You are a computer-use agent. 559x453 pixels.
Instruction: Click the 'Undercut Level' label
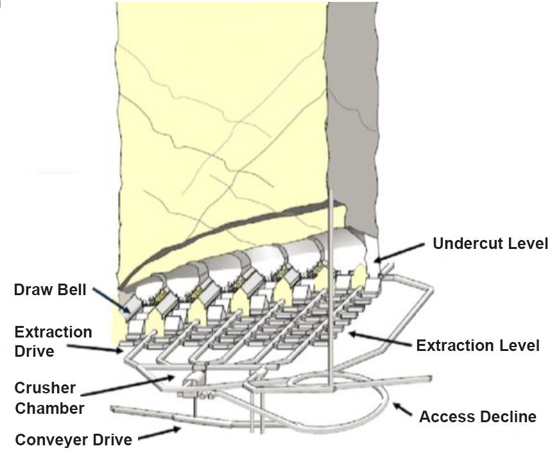(490, 244)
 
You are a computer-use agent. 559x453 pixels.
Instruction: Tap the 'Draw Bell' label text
(49, 291)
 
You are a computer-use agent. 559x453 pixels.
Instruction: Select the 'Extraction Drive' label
(53, 341)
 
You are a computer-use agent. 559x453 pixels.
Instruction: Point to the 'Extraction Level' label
(477, 346)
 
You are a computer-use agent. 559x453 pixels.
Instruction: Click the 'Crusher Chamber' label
(49, 398)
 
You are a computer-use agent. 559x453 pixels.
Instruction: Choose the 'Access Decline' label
(477, 417)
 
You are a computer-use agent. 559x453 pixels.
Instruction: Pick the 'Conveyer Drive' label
(73, 440)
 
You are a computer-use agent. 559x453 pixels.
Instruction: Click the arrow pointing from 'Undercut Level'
(399, 252)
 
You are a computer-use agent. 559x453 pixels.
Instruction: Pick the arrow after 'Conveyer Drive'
(159, 434)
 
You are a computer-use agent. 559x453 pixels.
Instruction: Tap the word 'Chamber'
(49, 408)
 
